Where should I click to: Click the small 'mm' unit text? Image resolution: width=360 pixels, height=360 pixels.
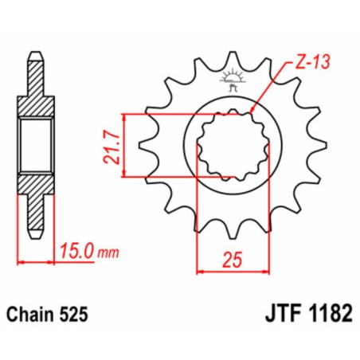109,254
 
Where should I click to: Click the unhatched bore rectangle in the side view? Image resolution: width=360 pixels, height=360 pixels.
34,145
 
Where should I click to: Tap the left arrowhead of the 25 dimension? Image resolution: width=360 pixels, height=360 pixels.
199,272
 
